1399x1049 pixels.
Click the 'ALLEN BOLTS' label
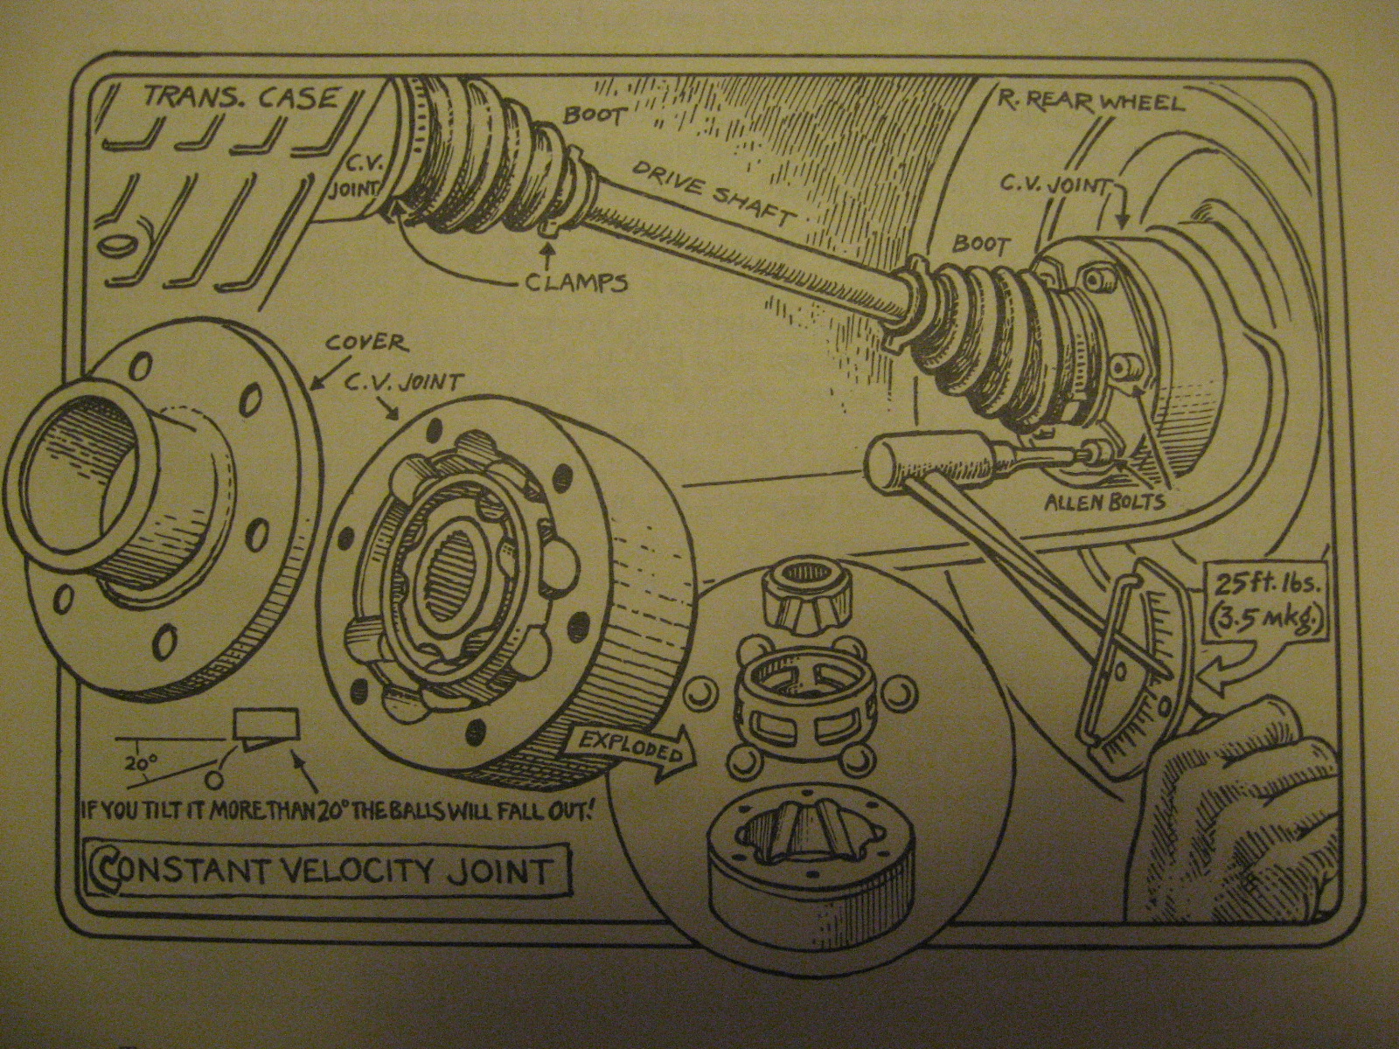tap(1105, 502)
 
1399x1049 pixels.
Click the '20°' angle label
tap(139, 761)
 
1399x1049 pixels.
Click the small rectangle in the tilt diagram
tap(266, 722)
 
